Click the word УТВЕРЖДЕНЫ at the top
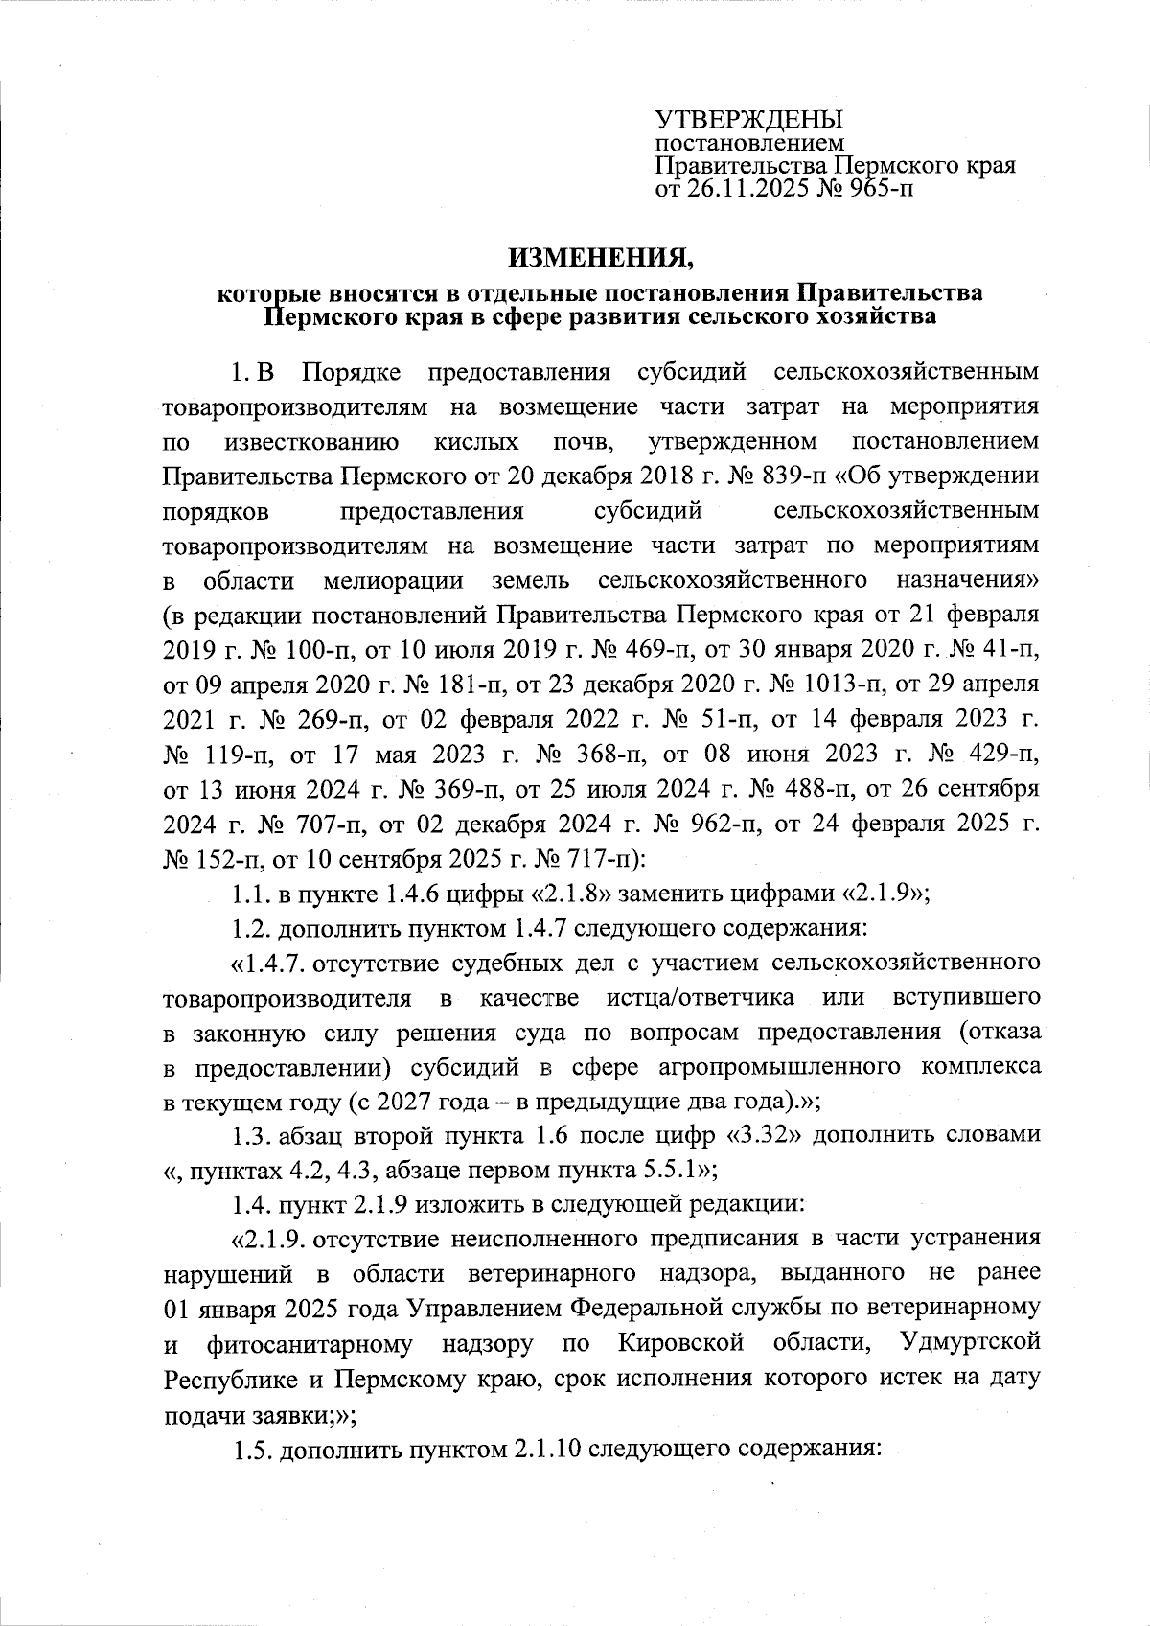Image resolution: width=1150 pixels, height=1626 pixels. (748, 120)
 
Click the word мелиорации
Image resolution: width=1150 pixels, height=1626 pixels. (394, 581)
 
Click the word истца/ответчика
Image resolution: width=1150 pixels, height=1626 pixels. (700, 998)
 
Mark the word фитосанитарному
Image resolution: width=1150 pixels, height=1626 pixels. (310, 1343)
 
